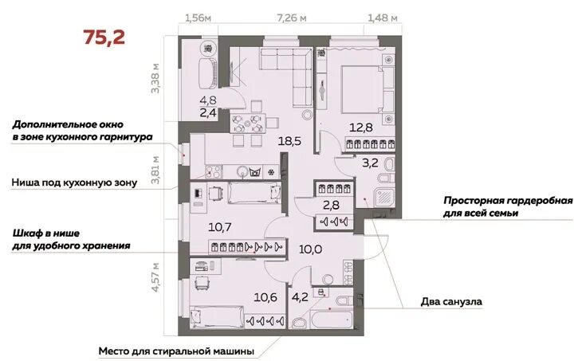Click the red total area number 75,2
point(104,37)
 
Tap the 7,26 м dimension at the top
point(292,18)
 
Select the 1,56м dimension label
point(198,18)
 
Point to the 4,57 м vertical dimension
point(156,277)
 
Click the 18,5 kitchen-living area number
point(289,141)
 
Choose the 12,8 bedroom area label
point(361,128)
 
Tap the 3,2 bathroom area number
point(370,163)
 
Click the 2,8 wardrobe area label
point(331,205)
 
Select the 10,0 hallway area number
point(310,249)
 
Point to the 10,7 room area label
point(220,226)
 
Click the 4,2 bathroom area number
point(300,297)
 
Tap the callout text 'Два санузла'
point(451,302)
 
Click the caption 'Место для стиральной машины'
point(177,351)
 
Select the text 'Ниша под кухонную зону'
point(74,182)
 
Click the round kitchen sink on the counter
point(242,172)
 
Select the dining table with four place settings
point(247,124)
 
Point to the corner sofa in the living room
point(293,70)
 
